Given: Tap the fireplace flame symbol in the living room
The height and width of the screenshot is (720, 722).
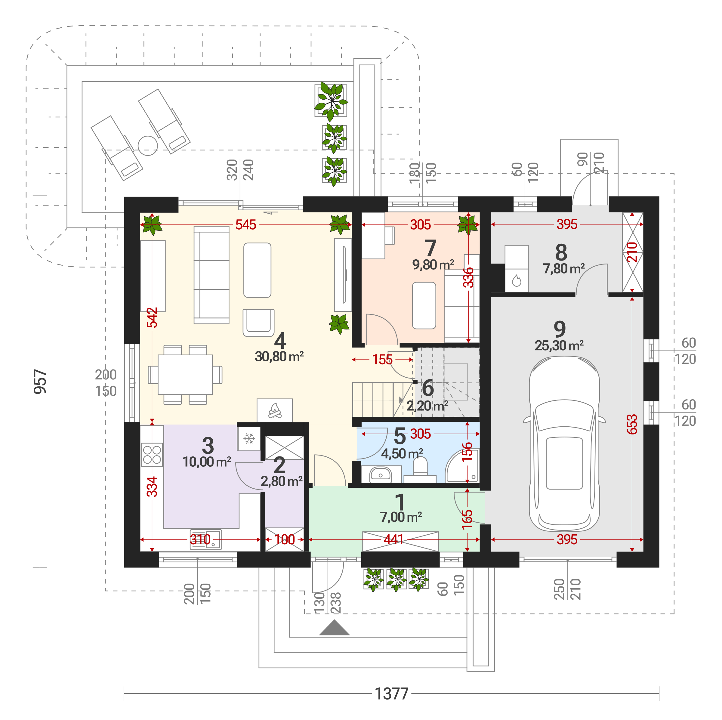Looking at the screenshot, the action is click(275, 410).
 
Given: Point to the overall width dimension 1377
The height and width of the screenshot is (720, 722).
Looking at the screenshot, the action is click(391, 694).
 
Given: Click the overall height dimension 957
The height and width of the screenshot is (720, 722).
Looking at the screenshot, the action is click(40, 381).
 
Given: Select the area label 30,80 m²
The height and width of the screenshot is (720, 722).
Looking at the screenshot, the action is click(279, 357).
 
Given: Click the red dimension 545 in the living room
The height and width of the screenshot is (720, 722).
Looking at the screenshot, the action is click(245, 225).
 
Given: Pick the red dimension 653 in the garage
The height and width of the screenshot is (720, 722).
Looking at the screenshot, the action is click(632, 424).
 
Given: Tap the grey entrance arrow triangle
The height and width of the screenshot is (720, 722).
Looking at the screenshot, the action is click(335, 628).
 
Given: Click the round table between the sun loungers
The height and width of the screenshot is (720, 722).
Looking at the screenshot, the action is click(148, 145).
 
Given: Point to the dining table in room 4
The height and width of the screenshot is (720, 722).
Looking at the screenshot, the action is click(185, 375).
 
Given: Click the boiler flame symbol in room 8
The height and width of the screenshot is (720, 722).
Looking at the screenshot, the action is click(517, 280).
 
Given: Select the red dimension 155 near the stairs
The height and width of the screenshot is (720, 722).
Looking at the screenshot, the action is click(382, 360).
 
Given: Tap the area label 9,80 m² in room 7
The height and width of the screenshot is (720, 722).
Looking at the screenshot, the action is click(433, 265).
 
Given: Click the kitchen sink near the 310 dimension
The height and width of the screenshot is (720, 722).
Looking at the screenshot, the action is click(205, 539).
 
